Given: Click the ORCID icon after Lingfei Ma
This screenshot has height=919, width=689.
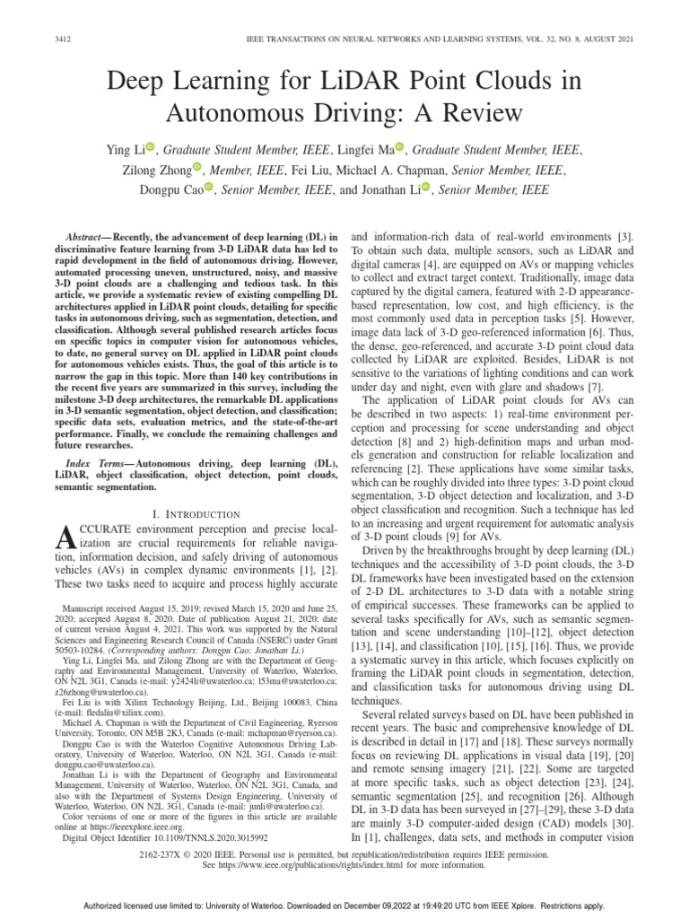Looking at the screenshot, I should (x=400, y=146).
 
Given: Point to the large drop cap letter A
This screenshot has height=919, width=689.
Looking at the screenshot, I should (x=63, y=538).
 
